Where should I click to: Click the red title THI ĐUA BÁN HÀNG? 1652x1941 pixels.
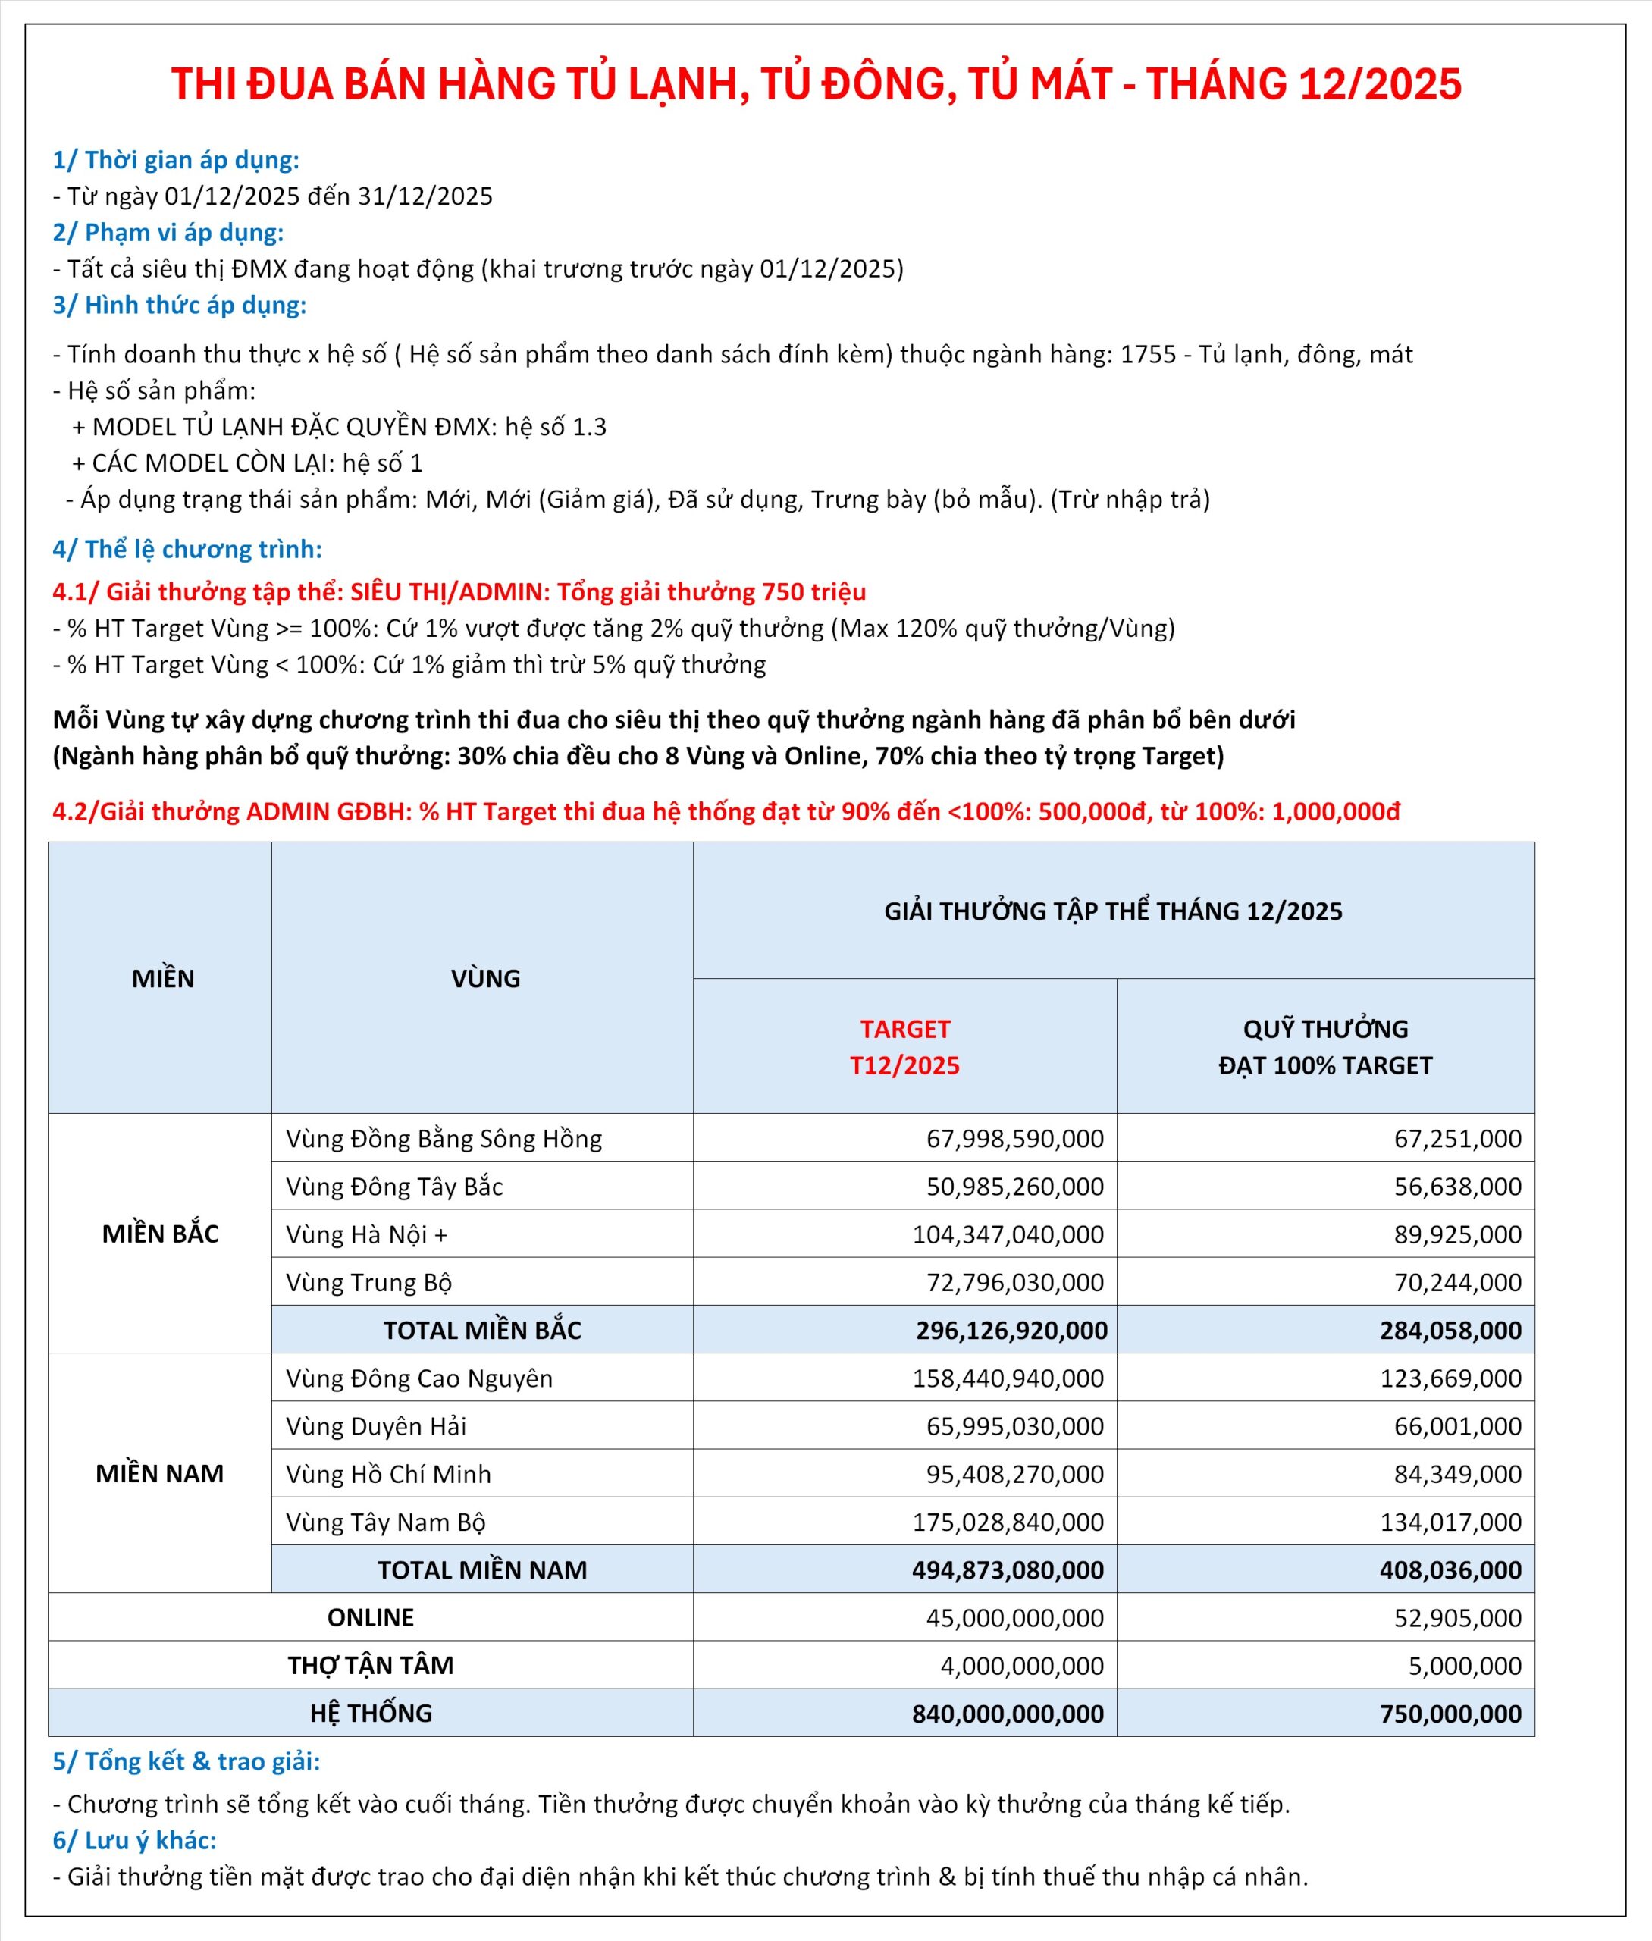pyautogui.click(x=816, y=84)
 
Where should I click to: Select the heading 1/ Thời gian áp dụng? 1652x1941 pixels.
pyautogui.click(x=176, y=160)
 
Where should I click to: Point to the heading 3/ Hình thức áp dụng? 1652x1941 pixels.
pyautogui.click(x=180, y=306)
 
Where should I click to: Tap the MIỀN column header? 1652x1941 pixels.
pyautogui.click(x=163, y=978)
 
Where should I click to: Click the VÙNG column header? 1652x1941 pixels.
pyautogui.click(x=485, y=978)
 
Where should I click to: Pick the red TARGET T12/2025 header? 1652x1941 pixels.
pyautogui.click(x=904, y=1047)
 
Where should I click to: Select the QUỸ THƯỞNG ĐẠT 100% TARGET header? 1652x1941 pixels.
pyautogui.click(x=1325, y=1047)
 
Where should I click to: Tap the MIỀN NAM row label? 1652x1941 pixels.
pyautogui.click(x=160, y=1474)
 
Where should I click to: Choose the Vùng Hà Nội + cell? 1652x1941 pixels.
pyautogui.click(x=367, y=1235)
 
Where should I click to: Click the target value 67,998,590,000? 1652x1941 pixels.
pyautogui.click(x=1015, y=1139)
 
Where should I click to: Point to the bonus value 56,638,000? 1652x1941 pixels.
pyautogui.click(x=1457, y=1187)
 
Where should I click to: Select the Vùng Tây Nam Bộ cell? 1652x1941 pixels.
pyautogui.click(x=386, y=1522)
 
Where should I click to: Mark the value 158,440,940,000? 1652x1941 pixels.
pyautogui.click(x=1008, y=1378)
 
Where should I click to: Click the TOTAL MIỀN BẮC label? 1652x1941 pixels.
pyautogui.click(x=482, y=1331)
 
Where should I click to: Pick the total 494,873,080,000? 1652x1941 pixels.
pyautogui.click(x=1008, y=1570)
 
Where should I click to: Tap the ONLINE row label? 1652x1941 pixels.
pyautogui.click(x=371, y=1618)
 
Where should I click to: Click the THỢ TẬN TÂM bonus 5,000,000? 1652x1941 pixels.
pyautogui.click(x=1465, y=1666)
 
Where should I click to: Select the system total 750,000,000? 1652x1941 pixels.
pyautogui.click(x=1450, y=1714)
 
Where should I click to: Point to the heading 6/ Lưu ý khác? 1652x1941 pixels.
pyautogui.click(x=135, y=1841)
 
